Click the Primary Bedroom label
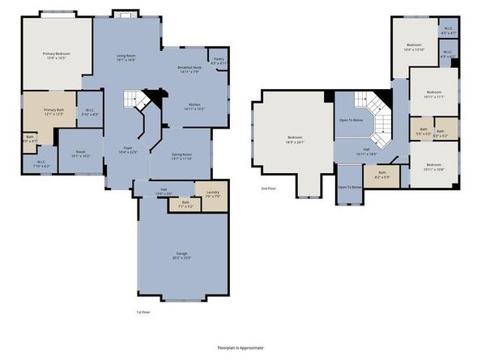tap(55, 56)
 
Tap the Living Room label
tap(125, 57)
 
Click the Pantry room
tap(219, 61)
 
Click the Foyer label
tap(128, 149)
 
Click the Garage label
tap(182, 256)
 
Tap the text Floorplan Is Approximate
tap(240, 346)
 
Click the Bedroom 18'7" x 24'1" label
tap(294, 139)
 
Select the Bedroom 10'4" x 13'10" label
tap(415, 46)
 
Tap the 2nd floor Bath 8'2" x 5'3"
tap(381, 173)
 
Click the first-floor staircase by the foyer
tap(134, 100)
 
